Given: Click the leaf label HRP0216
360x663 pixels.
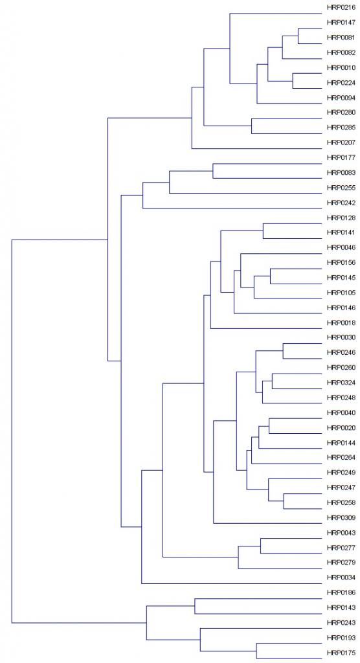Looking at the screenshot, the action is coord(341,8).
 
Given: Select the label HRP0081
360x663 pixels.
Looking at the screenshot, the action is coord(341,38).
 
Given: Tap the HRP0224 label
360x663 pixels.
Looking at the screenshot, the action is coord(341,83).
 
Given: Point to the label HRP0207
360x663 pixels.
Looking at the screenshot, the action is coord(341,143).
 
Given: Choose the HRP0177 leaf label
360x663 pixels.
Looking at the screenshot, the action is coord(341,158).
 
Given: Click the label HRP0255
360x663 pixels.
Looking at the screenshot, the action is coord(341,188).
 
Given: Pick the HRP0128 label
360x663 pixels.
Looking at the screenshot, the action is coord(341,218).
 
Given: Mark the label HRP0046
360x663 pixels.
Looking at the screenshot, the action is coord(341,247).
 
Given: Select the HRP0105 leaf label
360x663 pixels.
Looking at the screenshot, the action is coord(341,293).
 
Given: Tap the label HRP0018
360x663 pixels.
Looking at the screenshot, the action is coord(341,323).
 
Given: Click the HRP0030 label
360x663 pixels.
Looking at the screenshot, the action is coord(341,337).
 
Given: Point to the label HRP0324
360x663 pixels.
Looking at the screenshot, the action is coord(341,383).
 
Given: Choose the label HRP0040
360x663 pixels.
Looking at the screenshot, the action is coord(341,412).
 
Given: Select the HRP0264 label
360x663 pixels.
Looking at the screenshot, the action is coord(341,458).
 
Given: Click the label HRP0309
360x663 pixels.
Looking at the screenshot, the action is coord(341,517).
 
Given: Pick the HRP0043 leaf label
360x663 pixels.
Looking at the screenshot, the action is coord(341,533).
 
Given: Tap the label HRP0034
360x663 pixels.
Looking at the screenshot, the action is coord(341,578).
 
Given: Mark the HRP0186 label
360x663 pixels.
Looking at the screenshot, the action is coord(341,593).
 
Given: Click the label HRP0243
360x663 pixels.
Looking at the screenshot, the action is coord(341,623).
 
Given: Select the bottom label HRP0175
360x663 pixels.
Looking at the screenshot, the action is coord(341,653).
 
